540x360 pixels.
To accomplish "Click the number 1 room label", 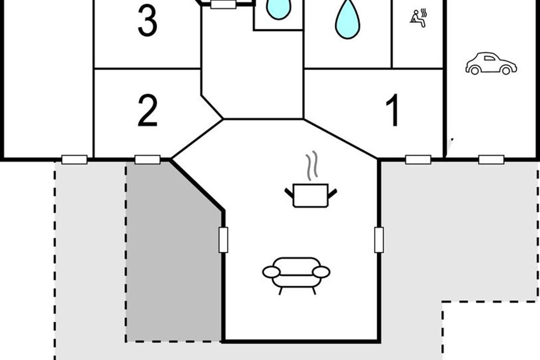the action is (393, 110).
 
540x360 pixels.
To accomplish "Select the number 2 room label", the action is (148, 110).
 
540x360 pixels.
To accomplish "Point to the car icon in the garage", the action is (491, 63).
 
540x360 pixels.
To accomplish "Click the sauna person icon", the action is (418, 18).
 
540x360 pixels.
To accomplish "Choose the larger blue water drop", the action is (347, 19).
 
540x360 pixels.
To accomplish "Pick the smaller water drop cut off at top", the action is (279, 9).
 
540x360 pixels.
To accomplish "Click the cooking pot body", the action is (311, 195).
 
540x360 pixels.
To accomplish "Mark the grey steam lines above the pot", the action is (311, 166).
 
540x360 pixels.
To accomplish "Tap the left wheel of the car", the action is (475, 71).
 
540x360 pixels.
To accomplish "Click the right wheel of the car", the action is (506, 70).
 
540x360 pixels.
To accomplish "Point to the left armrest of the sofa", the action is (271, 272).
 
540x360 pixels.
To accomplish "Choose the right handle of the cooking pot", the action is (332, 194).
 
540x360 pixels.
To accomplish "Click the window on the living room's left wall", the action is (223, 240).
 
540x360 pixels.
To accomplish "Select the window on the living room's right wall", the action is (379, 240).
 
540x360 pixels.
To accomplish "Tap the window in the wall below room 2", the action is (148, 160).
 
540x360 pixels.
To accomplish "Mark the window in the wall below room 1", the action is (418, 160).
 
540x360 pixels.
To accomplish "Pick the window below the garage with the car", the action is (491, 160).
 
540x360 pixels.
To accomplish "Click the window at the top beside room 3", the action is (223, 4).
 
